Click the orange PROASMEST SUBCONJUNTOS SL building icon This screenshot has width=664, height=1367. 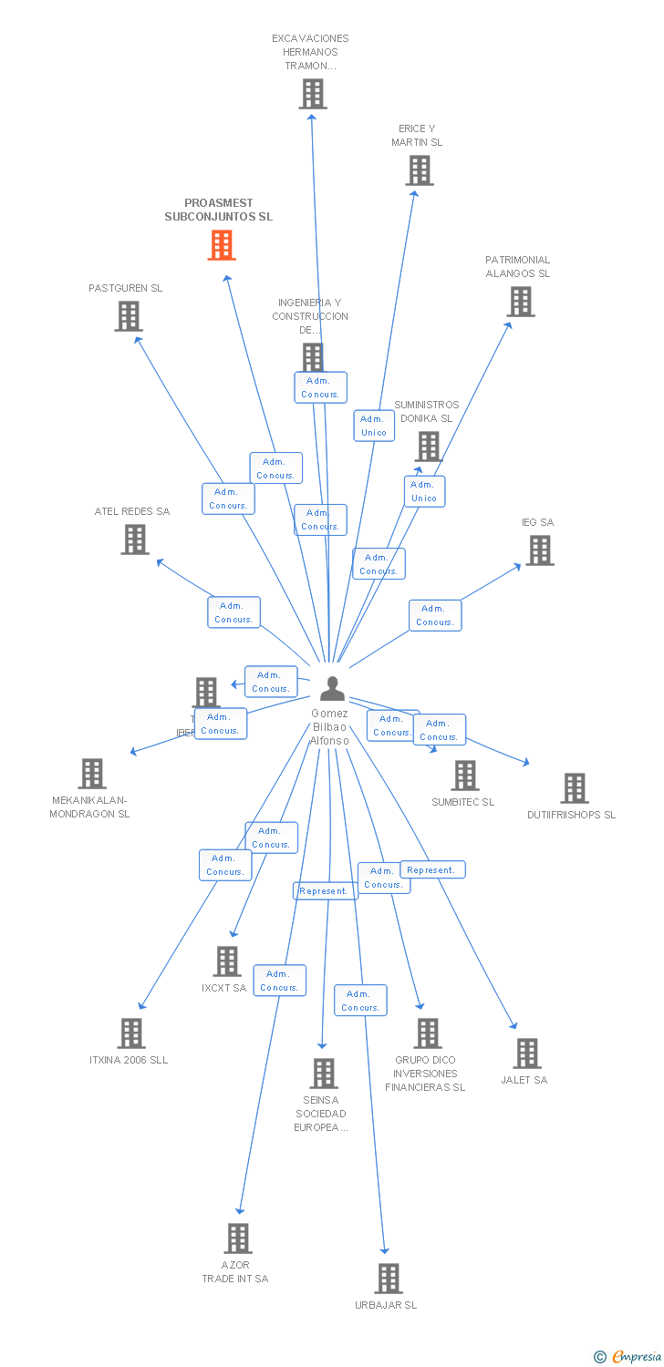coord(222,245)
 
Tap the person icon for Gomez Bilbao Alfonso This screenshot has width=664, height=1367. coord(332,689)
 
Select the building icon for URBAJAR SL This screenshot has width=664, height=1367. coord(389,1278)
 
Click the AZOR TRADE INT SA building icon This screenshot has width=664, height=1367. coord(238,1238)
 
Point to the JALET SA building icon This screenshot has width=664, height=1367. coord(526,1053)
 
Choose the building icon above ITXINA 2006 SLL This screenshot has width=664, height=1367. coord(131,1033)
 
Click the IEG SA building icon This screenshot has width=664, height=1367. coord(539,550)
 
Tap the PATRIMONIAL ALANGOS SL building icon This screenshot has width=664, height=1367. coord(520,302)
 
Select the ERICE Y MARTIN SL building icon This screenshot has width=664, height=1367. coord(419,170)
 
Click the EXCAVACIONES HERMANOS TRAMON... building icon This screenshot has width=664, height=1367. coord(312,94)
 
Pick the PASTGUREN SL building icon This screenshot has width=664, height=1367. coord(129,316)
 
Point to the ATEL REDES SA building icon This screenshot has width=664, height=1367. coord(135,540)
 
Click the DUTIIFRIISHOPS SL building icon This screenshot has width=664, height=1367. coord(574,787)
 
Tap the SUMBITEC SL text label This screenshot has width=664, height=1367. coord(462,802)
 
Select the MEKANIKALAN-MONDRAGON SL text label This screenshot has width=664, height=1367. coord(89,807)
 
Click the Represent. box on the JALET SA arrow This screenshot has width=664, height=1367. coord(432,869)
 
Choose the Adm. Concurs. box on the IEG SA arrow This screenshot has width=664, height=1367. coord(435,615)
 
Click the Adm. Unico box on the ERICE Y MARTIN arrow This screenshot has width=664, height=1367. coord(374,426)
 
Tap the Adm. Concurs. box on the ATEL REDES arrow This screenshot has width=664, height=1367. coord(233,612)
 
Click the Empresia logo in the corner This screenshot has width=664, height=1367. coord(628,1357)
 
